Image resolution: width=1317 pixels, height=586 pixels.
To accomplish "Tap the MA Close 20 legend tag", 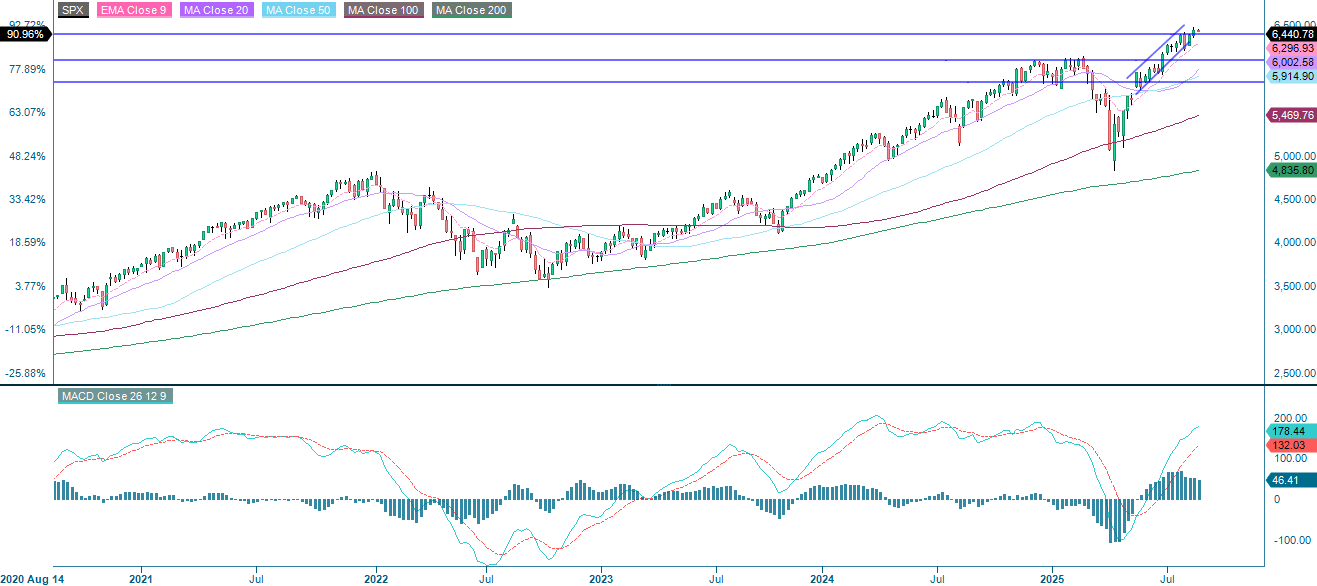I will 214,10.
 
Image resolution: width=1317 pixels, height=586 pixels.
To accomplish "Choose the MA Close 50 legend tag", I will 298,10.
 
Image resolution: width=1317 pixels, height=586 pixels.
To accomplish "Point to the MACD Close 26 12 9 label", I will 116,396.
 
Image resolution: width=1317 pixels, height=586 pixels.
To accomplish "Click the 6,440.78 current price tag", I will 1291,34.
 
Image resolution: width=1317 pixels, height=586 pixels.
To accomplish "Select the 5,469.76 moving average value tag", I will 1291,116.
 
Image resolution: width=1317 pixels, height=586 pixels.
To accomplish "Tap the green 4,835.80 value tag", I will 1291,171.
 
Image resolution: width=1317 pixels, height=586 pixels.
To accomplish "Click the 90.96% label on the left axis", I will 24,34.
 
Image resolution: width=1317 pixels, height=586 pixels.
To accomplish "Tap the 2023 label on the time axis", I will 601,578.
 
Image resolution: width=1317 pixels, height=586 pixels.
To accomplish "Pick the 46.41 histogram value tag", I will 1286,480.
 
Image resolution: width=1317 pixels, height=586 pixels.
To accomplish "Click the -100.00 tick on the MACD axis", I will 1291,540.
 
